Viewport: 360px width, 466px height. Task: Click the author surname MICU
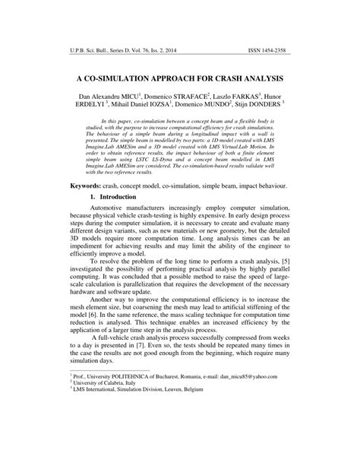tap(132, 99)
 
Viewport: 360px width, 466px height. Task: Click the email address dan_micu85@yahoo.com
tap(250, 441)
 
